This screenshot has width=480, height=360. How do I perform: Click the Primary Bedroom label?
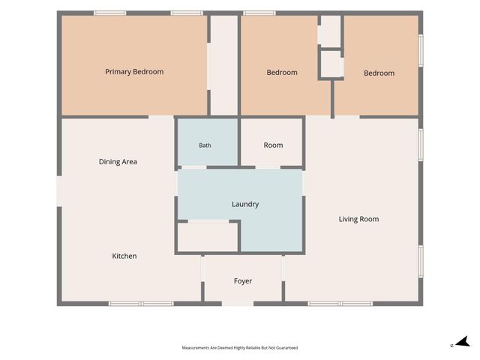point(134,72)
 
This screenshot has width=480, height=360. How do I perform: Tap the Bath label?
point(205,145)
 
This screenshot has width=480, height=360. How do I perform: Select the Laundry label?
point(245,204)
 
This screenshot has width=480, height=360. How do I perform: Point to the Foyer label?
point(243,281)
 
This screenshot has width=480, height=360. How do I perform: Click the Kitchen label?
point(124,256)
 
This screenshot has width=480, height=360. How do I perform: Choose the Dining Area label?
point(118,162)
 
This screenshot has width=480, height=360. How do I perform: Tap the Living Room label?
point(358,219)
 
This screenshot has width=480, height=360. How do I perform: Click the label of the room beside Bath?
point(273,145)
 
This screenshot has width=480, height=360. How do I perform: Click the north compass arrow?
point(463,342)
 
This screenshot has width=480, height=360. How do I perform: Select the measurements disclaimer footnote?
point(240,348)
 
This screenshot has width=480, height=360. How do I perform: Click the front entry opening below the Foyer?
point(238,304)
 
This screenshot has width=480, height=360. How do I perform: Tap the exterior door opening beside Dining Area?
point(59,191)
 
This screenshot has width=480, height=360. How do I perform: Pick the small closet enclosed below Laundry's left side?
point(208,238)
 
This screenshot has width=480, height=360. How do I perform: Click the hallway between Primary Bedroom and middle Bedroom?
point(224,65)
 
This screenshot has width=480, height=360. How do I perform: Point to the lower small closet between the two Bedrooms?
point(331,64)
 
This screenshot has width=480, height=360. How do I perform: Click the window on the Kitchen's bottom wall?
point(141,304)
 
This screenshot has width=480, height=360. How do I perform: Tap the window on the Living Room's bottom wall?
point(340,304)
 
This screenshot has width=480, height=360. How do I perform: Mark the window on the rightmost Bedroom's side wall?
point(421,50)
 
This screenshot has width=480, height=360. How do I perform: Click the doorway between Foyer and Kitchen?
point(202,268)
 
